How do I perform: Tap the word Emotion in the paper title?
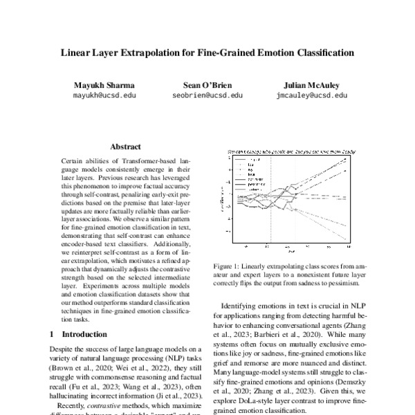pyautogui.click(x=260, y=53)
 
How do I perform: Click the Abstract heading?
pyautogui.click(x=125, y=147)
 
